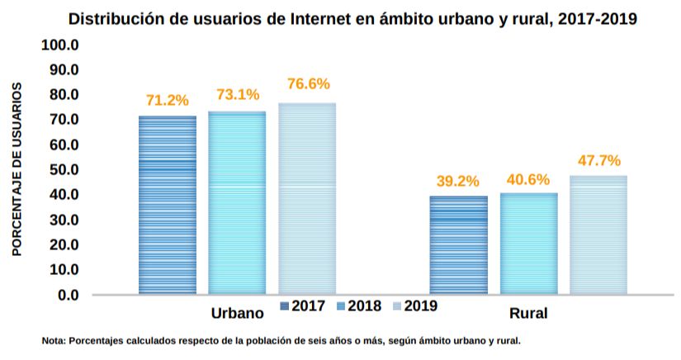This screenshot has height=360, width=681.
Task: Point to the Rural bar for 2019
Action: pyautogui.click(x=598, y=234)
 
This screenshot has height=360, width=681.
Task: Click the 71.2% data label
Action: pyautogui.click(x=168, y=101)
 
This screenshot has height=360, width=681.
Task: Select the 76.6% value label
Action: pyautogui.click(x=308, y=83)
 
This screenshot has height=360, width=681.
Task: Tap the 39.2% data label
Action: pyautogui.click(x=458, y=182)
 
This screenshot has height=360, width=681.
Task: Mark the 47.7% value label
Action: pyautogui.click(x=599, y=161)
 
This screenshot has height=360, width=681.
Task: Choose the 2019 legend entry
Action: pyautogui.click(x=414, y=306)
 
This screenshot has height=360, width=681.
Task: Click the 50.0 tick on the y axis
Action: pyautogui.click(x=62, y=169)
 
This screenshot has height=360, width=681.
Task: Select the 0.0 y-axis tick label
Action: pyautogui.click(x=67, y=295)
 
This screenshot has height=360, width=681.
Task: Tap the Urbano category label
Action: pyautogui.click(x=237, y=314)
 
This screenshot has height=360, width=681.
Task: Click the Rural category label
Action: pyautogui.click(x=528, y=314)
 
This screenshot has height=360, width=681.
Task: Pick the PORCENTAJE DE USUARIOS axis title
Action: pyautogui.click(x=17, y=169)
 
